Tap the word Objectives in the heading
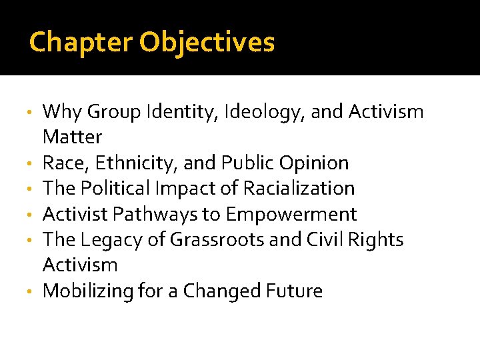pos(207,42)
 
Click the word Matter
pos(72,137)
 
